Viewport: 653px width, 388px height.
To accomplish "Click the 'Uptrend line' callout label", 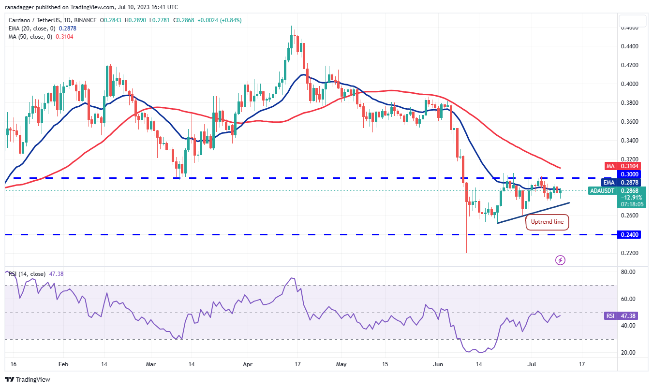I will coord(547,222).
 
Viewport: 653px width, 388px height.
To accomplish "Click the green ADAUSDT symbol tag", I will coord(602,191).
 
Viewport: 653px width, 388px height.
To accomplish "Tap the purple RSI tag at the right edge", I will coord(610,316).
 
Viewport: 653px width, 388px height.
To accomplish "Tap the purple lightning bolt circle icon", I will coord(560,260).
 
